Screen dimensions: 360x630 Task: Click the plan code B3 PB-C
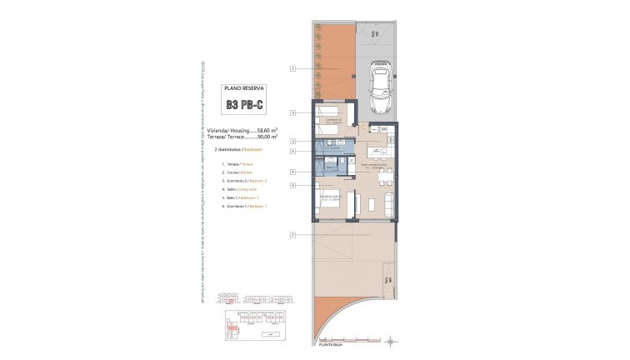(245, 105)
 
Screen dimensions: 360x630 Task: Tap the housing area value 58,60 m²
(265, 130)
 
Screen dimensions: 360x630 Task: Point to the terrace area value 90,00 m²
(265, 137)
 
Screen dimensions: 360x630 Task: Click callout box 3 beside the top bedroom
(292, 112)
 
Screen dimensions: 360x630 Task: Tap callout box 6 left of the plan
(292, 185)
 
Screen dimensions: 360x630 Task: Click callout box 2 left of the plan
(292, 142)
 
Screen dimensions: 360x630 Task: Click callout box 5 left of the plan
(292, 152)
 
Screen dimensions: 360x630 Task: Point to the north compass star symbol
(392, 340)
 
